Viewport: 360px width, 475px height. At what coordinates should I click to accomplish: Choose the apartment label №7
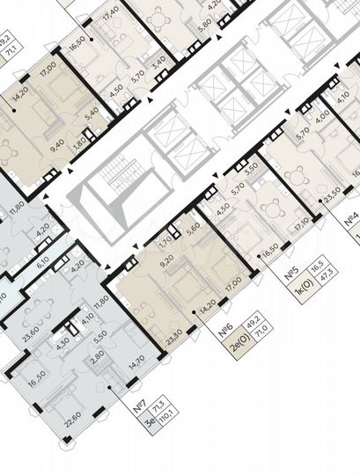pos(138,407)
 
